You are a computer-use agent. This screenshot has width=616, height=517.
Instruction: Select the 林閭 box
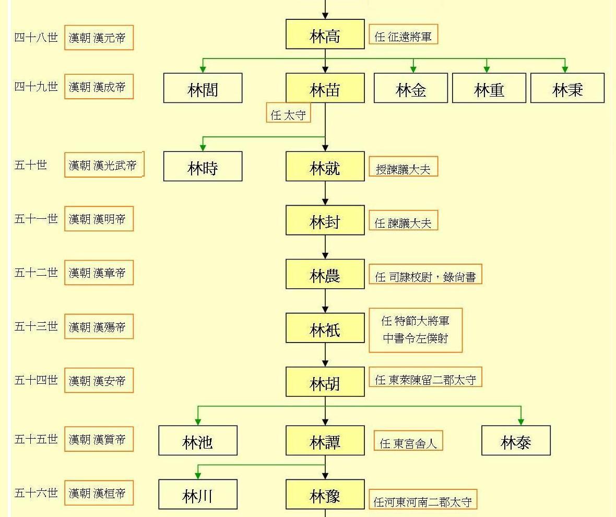click(x=203, y=88)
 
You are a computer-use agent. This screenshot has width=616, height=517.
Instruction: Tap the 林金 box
click(x=411, y=88)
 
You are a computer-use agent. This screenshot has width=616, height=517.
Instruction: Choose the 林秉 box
click(x=567, y=88)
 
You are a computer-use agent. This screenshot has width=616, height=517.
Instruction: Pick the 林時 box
click(x=203, y=167)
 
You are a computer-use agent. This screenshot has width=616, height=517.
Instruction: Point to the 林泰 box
click(x=516, y=441)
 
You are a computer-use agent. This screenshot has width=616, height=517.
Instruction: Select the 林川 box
click(x=198, y=495)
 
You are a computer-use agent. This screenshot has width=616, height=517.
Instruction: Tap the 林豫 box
click(x=325, y=495)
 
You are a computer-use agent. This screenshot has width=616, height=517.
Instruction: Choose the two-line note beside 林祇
click(x=416, y=330)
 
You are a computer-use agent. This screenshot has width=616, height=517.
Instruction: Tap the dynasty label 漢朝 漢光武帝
click(x=103, y=165)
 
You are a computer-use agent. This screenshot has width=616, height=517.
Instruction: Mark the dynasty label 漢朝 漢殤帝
click(x=99, y=327)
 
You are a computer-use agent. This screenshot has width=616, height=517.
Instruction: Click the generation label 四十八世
click(x=36, y=37)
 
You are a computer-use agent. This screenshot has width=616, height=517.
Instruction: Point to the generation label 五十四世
click(x=36, y=380)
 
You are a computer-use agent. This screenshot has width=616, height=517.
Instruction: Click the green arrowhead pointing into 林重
click(x=487, y=69)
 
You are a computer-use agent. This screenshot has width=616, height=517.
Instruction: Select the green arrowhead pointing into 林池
click(x=198, y=421)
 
